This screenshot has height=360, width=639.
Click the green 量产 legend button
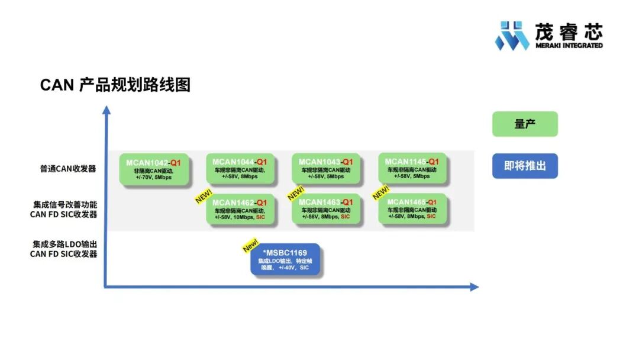pos(525,124)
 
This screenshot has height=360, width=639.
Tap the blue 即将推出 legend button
pos(525,166)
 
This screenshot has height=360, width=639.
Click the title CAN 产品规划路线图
pos(115,85)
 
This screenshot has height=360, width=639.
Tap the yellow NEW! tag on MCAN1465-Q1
pos(380,193)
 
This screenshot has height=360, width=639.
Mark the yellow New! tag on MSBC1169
pos(251,245)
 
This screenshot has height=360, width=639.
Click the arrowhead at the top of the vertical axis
pos(106,110)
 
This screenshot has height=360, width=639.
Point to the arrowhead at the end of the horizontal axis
pos(474,287)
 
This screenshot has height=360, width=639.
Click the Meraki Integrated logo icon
pos(512,36)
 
